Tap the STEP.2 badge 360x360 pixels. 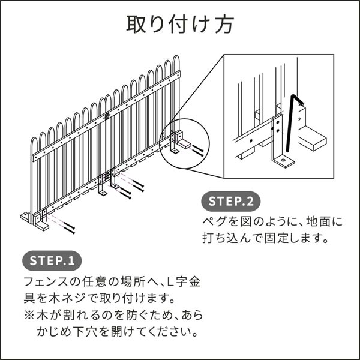(234, 200)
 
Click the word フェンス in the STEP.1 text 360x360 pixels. (47, 281)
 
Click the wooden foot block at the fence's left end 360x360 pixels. (34, 220)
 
